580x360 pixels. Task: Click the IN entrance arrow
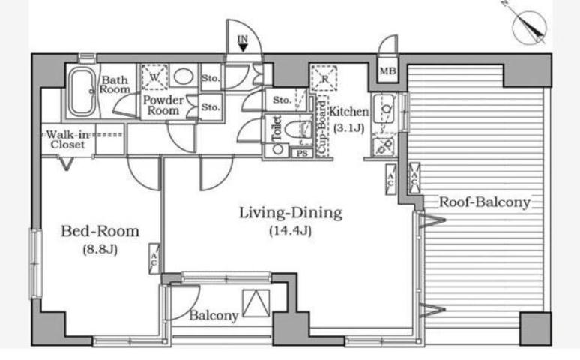243,47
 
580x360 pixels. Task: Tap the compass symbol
529,27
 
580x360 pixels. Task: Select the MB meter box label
387,70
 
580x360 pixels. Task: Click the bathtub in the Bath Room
82,91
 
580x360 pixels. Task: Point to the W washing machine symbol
154,77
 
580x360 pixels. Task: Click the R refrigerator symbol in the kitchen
324,78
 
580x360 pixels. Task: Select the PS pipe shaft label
302,153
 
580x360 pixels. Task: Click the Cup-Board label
322,127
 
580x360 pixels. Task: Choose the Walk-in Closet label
68,139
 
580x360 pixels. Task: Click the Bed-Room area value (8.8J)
100,249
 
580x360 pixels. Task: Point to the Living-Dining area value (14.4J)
290,231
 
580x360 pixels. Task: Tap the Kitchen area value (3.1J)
348,128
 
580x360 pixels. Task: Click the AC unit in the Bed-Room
154,259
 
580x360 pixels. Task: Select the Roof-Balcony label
485,202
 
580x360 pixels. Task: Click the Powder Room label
163,105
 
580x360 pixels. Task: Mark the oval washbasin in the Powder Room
183,76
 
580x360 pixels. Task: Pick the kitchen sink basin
384,109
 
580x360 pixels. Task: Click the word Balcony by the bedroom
214,316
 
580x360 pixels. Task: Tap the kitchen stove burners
384,146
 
